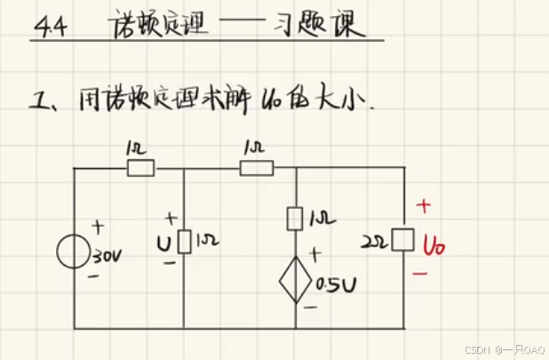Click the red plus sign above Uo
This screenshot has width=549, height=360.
click(424, 206)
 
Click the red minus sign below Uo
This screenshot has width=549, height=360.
click(421, 273)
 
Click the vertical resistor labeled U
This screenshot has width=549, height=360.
click(183, 241)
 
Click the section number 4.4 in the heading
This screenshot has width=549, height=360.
click(46, 28)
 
